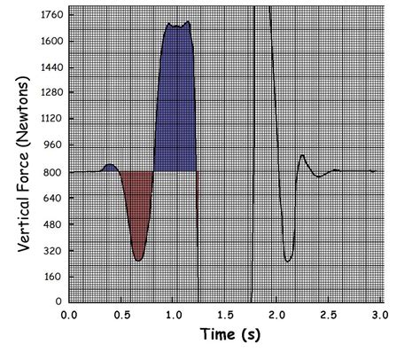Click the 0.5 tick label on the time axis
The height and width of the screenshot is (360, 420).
pos(121,315)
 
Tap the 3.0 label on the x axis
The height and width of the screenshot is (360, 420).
pos(380,315)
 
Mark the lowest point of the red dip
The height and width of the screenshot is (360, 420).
pos(138,260)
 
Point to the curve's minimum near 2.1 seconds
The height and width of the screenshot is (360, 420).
pos(288,261)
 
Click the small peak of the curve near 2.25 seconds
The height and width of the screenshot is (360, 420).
pos(302,156)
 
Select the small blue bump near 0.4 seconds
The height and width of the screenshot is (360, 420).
pos(109,168)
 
